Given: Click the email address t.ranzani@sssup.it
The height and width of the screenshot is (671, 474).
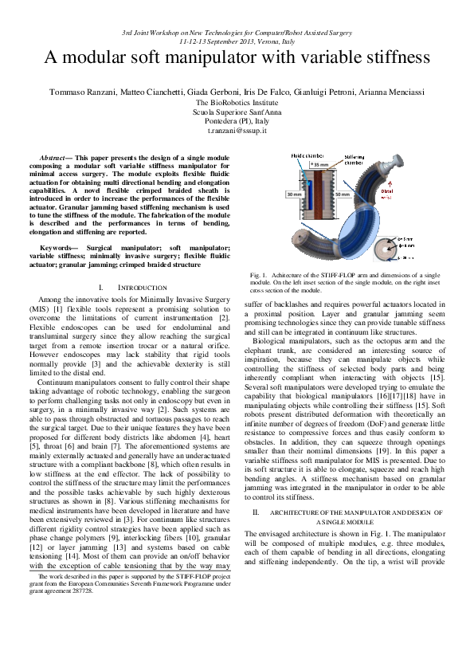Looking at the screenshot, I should [x=237, y=130].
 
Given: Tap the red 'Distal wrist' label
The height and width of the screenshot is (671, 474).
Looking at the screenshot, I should [x=409, y=193].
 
